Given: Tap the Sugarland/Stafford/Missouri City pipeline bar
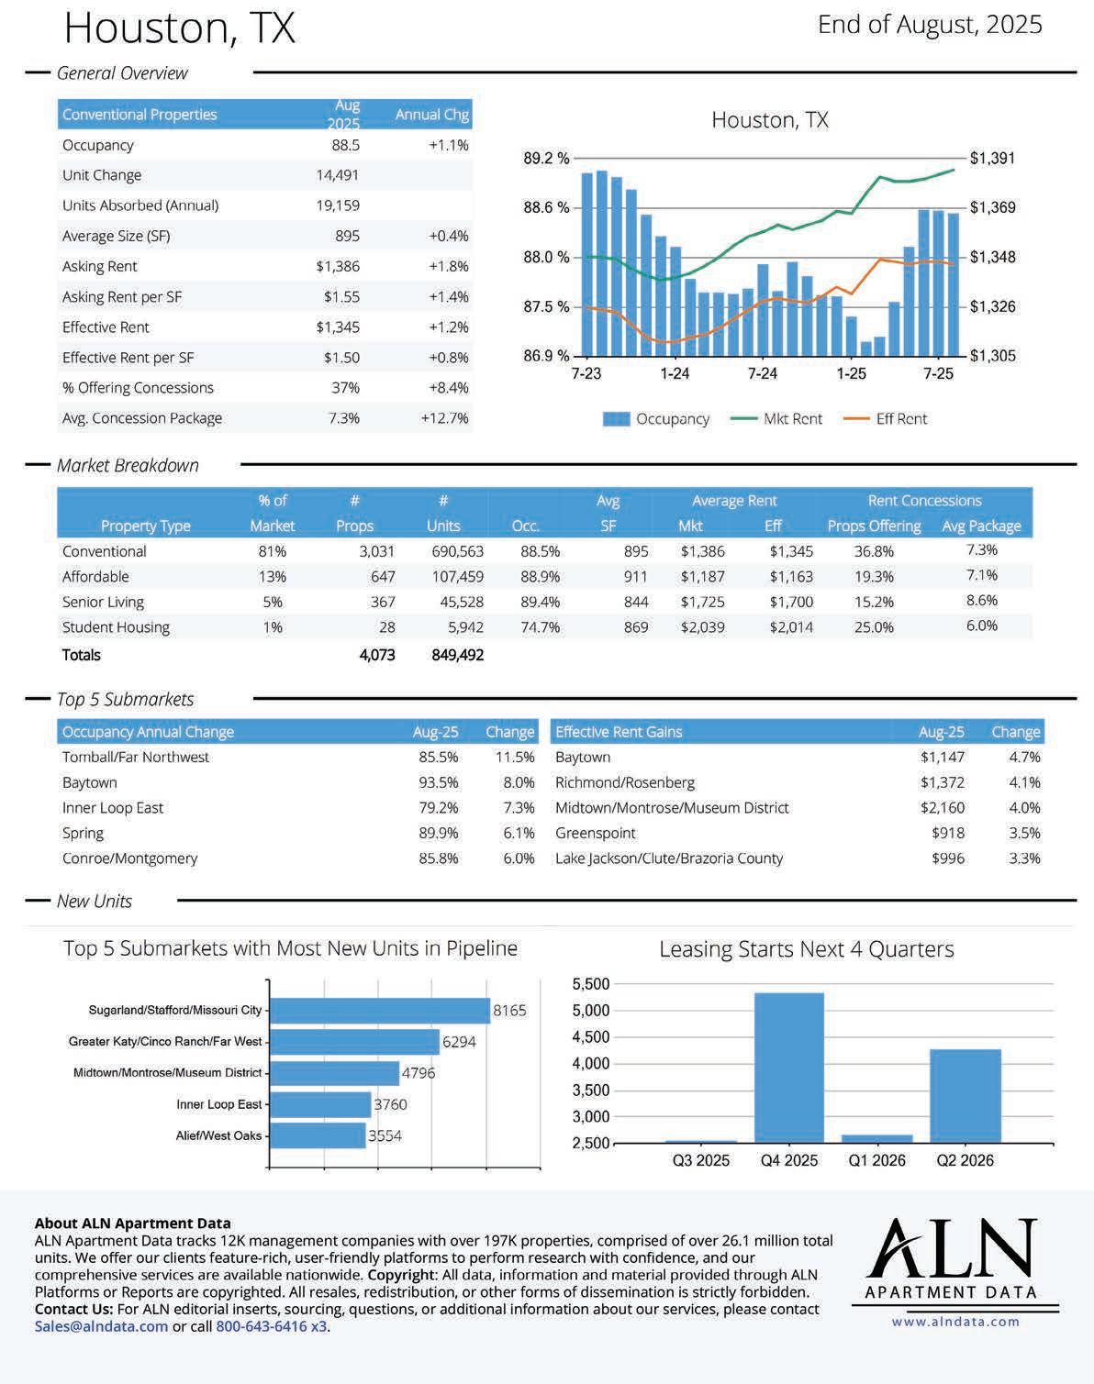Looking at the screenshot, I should tap(380, 1011).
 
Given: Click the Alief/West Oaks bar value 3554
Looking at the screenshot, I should tap(385, 1135).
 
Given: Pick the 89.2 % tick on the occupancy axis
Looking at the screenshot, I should tap(546, 159).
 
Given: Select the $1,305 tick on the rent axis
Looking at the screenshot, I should tap(993, 356).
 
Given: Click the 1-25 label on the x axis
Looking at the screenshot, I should tap(851, 373).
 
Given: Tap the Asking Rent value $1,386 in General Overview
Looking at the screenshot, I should tap(338, 267).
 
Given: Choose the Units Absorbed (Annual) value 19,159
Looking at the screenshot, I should tap(338, 205).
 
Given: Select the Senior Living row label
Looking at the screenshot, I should tap(103, 602).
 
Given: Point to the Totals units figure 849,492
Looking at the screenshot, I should tap(457, 655).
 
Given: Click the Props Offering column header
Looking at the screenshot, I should tap(874, 526).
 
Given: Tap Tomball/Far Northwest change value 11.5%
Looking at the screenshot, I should tap(515, 758).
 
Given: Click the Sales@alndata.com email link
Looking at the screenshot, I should tap(102, 1326).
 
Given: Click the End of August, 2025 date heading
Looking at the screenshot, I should tap(930, 25).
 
